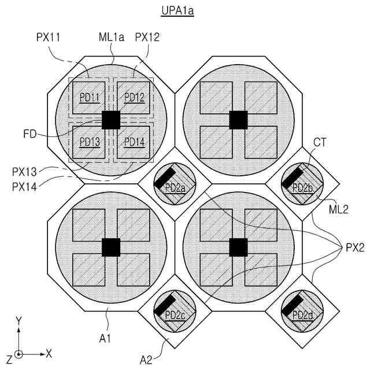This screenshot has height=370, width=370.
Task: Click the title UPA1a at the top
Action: point(176,12)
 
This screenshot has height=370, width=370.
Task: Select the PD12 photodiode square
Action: point(134,97)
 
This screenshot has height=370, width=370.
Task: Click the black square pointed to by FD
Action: point(110,120)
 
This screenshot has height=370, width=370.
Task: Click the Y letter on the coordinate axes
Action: point(19,320)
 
